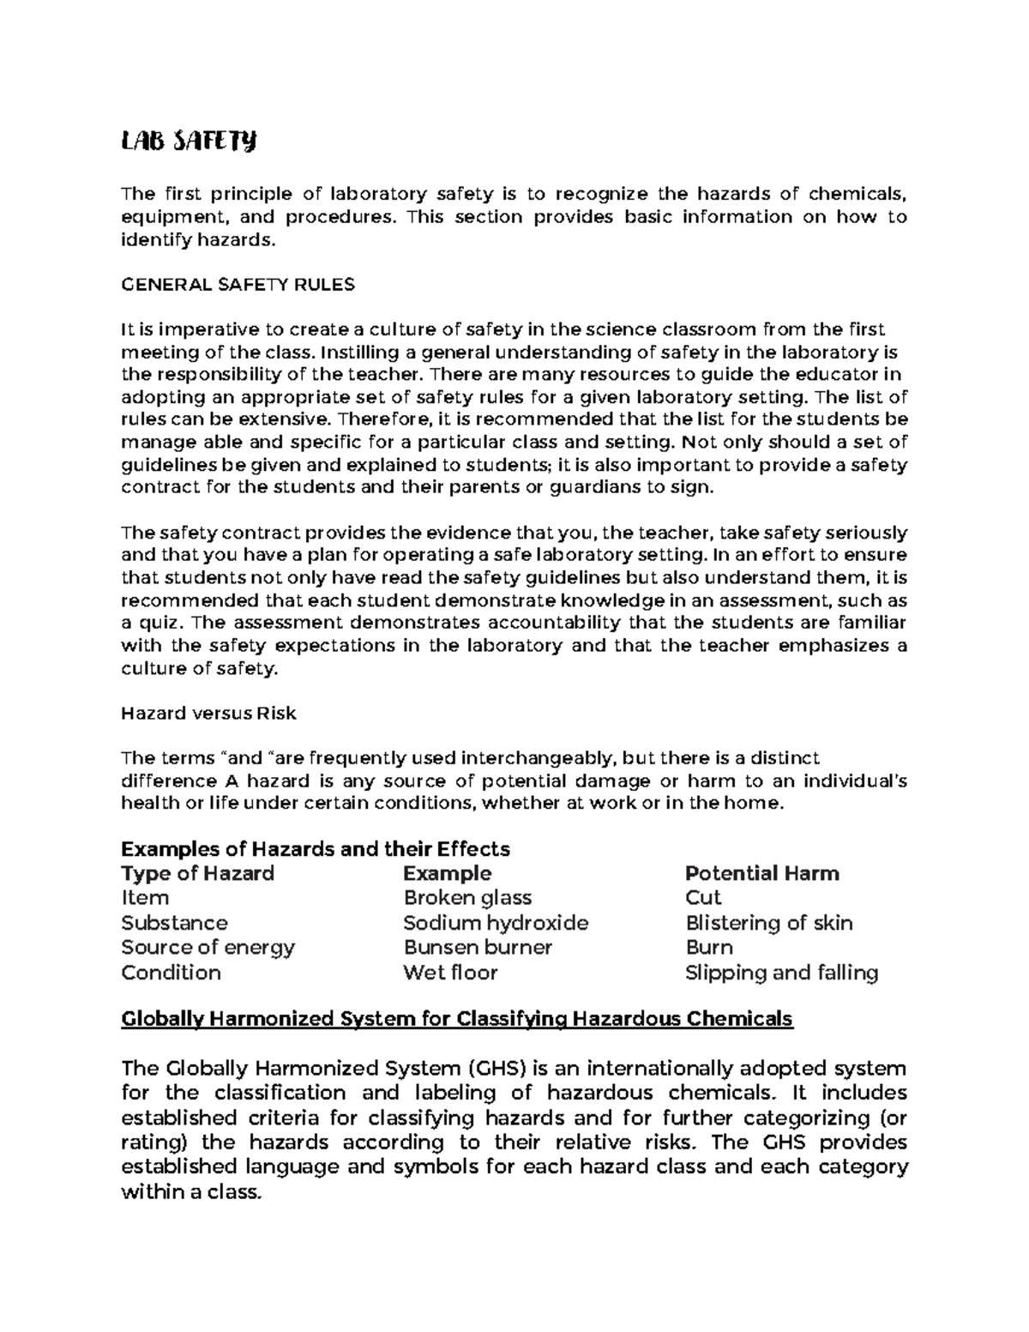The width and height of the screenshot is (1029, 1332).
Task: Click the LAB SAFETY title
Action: (x=189, y=142)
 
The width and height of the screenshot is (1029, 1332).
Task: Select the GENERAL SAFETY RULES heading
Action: (x=238, y=285)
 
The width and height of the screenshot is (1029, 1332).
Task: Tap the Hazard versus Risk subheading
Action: (x=208, y=713)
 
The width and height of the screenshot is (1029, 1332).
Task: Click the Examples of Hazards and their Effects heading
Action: (x=316, y=849)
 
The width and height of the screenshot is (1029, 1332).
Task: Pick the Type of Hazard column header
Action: (x=197, y=874)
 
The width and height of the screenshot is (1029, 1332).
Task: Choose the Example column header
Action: (x=447, y=874)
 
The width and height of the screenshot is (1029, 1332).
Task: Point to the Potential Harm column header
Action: (x=761, y=874)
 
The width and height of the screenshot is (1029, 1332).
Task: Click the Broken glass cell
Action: (x=467, y=898)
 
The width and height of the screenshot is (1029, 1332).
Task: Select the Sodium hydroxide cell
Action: (x=496, y=923)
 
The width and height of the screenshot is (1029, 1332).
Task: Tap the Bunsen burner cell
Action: (x=478, y=948)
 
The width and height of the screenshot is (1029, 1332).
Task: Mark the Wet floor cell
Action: (x=450, y=973)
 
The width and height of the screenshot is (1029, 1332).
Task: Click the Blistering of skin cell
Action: (x=769, y=923)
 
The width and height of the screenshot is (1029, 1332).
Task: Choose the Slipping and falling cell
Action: (x=781, y=973)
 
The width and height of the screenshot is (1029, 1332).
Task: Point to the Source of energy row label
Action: (x=208, y=948)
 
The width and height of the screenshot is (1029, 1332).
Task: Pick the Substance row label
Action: (x=174, y=923)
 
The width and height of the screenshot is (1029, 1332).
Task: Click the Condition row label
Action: (x=171, y=973)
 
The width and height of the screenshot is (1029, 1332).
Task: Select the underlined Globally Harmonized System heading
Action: (x=457, y=1019)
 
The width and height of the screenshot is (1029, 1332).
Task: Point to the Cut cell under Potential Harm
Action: (x=703, y=898)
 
